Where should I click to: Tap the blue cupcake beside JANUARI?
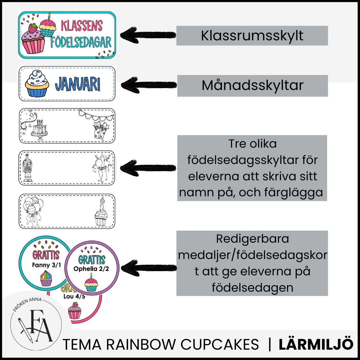[38, 84]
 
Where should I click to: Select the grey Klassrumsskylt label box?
[252, 36]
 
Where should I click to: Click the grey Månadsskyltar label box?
[252, 86]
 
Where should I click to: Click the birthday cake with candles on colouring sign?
[39, 128]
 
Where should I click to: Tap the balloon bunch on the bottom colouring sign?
[33, 208]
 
